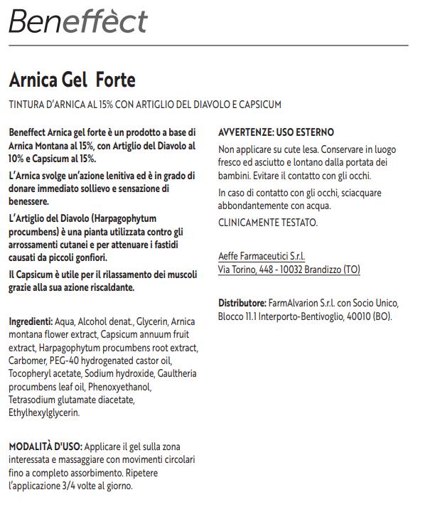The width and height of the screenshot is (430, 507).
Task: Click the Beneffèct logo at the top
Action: (x=77, y=21)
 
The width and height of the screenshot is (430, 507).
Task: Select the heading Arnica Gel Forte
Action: (x=72, y=79)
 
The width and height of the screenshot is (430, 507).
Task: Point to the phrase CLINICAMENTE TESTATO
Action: (x=268, y=223)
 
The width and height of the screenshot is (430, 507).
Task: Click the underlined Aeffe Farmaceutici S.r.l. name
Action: (x=262, y=256)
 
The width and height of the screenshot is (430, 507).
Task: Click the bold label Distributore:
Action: (x=242, y=303)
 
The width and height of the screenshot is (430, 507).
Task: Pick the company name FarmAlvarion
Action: (x=291, y=303)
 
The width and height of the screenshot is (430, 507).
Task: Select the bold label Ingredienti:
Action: (x=31, y=321)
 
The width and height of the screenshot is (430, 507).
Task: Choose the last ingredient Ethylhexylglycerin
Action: (x=44, y=412)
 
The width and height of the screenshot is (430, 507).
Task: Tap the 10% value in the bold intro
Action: (x=18, y=159)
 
